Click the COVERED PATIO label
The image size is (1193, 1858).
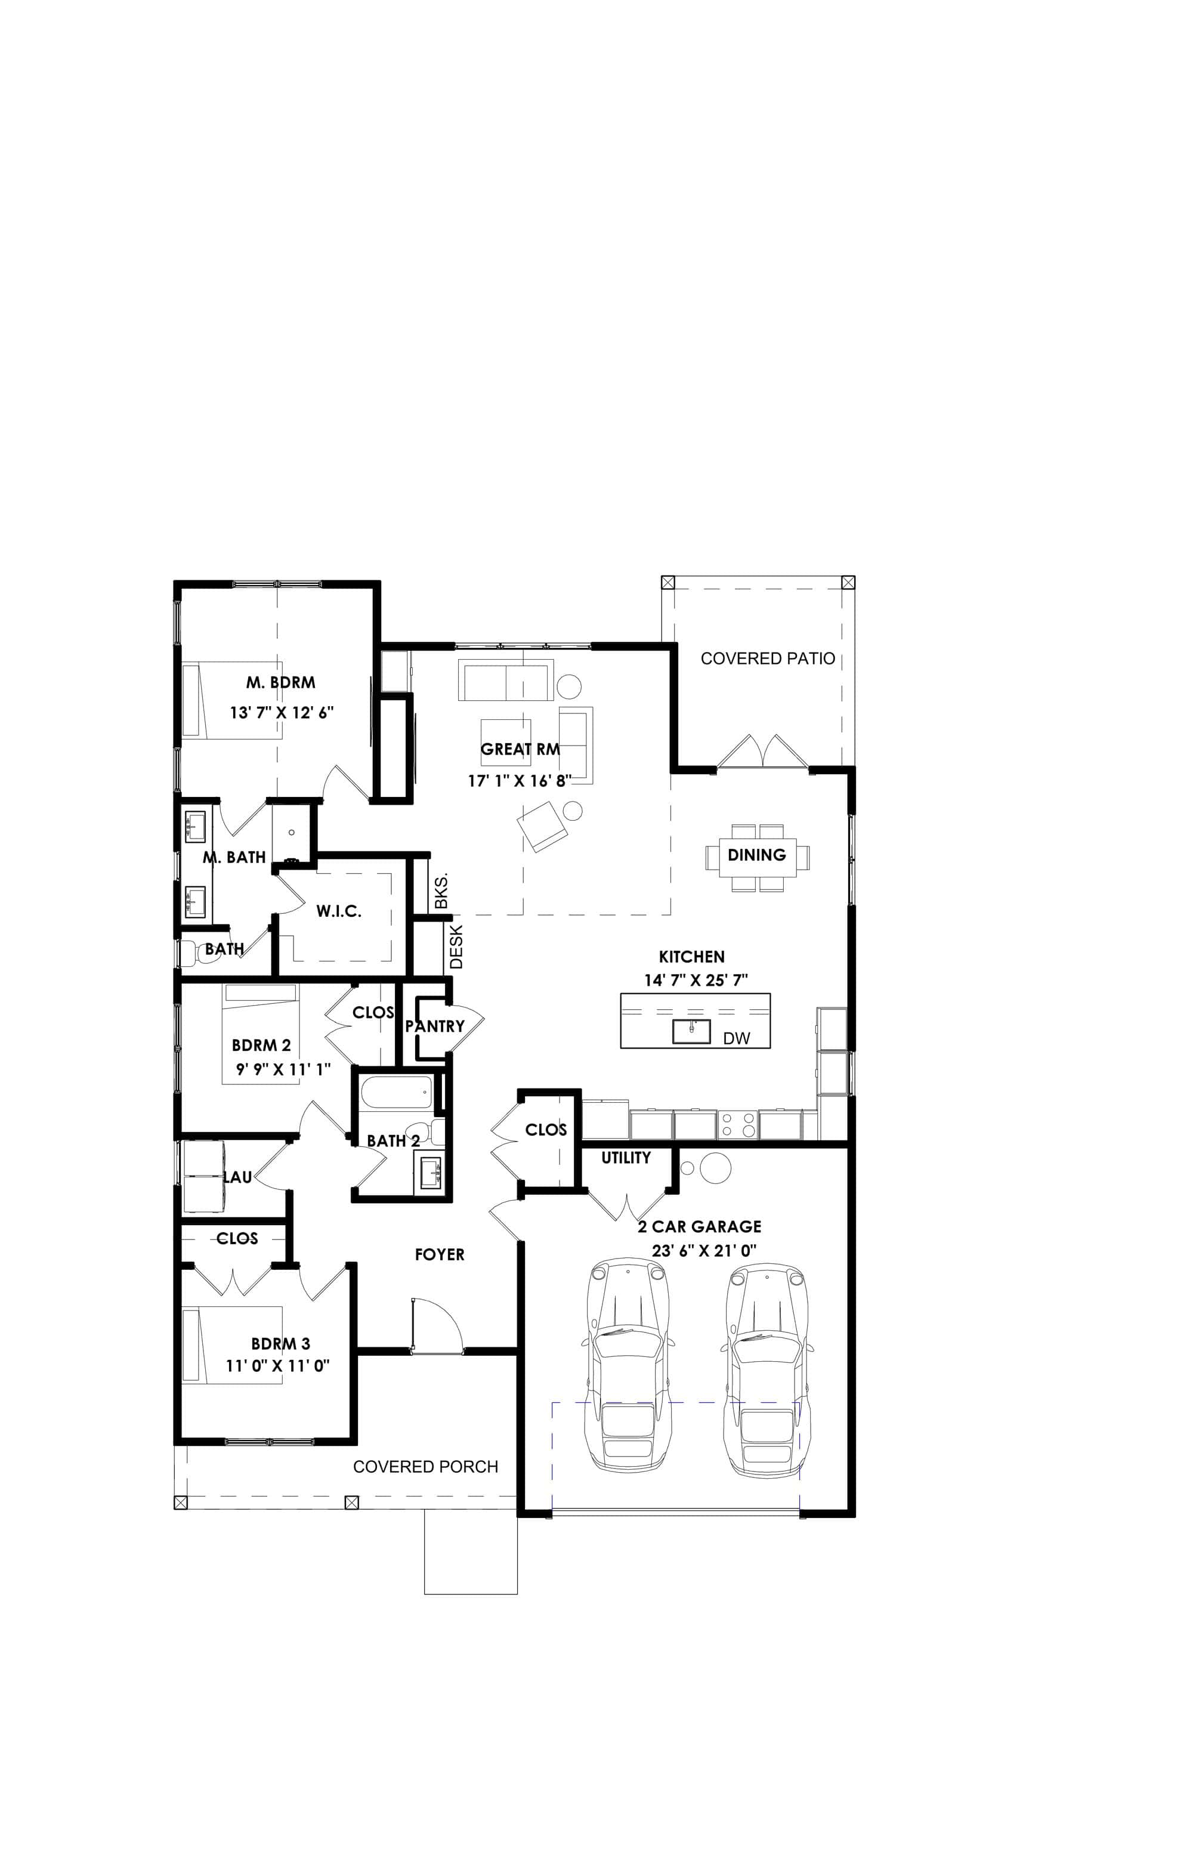pos(767,659)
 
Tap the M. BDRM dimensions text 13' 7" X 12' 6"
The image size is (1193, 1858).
pos(281,713)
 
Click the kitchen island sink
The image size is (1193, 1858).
pos(691,1032)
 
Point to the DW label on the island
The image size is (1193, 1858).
pos(736,1038)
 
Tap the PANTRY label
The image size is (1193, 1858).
pos(435,1026)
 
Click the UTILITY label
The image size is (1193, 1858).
pos(626,1158)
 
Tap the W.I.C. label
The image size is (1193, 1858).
pos(339,911)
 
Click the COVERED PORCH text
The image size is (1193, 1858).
pos(425,1467)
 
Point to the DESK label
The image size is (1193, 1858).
pos(456,947)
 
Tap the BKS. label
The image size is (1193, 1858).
pos(441,892)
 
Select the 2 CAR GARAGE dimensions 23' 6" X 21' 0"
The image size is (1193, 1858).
pos(703,1251)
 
